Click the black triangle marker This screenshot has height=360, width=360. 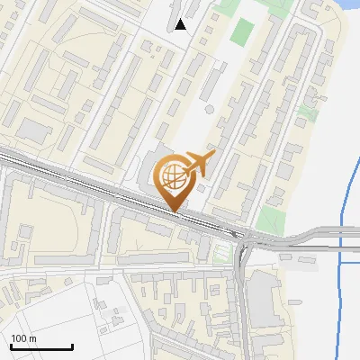click(181, 24)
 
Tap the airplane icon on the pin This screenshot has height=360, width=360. click(199, 164)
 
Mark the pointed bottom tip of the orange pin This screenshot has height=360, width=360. click(174, 210)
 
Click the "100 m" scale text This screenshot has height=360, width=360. click(24, 338)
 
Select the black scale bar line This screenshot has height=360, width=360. click(41, 346)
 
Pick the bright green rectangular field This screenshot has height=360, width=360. click(241, 32)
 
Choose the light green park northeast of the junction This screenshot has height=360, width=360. click(269, 219)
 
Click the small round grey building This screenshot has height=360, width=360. click(209, 109)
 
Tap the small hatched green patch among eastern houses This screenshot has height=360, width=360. click(308, 113)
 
